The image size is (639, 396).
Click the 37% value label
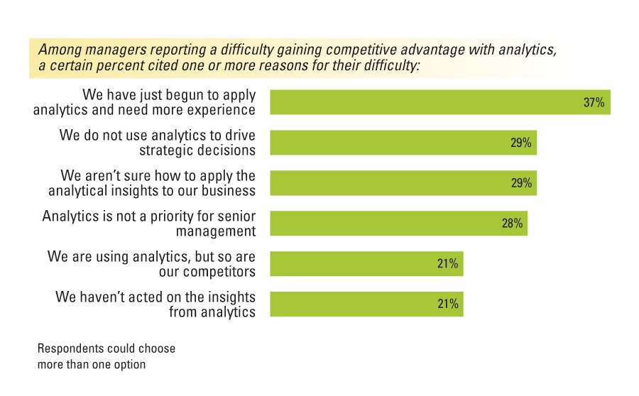(x=594, y=102)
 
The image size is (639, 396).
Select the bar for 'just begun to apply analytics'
(x=426, y=102)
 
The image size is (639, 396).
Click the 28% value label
(x=513, y=224)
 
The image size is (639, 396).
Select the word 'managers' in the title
(x=107, y=50)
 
